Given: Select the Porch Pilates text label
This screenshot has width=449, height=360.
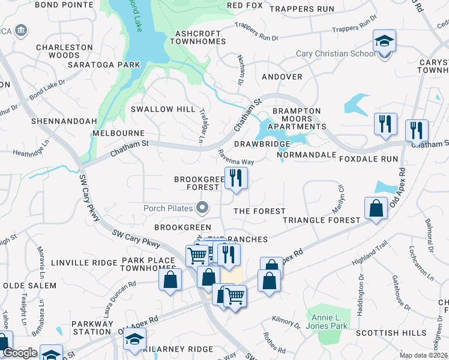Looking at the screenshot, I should (167, 209).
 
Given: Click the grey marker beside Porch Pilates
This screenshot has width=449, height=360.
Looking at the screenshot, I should (203, 209).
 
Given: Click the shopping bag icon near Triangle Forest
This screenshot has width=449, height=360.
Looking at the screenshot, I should (376, 209).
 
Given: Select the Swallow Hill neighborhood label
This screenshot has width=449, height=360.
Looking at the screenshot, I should (163, 109).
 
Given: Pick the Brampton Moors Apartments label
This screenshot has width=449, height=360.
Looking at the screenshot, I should (296, 119).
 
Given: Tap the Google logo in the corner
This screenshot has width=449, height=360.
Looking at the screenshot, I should (19, 353).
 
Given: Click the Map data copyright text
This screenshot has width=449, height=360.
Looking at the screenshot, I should (423, 355).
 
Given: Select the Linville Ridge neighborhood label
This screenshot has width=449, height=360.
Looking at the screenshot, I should (84, 263).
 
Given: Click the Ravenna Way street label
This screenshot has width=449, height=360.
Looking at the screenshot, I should (236, 158).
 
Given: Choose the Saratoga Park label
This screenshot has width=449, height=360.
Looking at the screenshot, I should (104, 64).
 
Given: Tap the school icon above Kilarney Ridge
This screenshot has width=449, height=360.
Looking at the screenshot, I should (134, 338).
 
